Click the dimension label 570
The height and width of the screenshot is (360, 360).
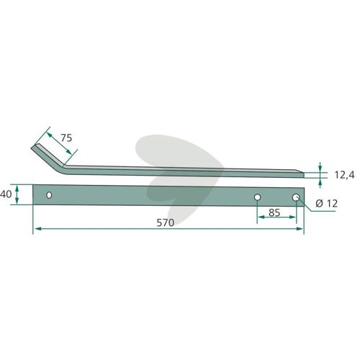(x=165, y=222)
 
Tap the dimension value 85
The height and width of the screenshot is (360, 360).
(x=274, y=212)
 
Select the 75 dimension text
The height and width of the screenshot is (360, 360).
(x=66, y=138)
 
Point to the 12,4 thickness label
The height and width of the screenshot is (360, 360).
(x=344, y=175)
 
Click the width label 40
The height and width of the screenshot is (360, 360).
(x=6, y=194)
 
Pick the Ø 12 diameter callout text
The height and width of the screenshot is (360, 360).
(x=326, y=204)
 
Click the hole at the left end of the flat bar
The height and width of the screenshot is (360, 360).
(x=49, y=195)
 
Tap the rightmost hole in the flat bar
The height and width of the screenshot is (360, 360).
(x=296, y=197)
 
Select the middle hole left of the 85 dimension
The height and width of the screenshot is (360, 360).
(x=257, y=197)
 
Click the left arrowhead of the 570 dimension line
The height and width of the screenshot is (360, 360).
(x=37, y=229)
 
